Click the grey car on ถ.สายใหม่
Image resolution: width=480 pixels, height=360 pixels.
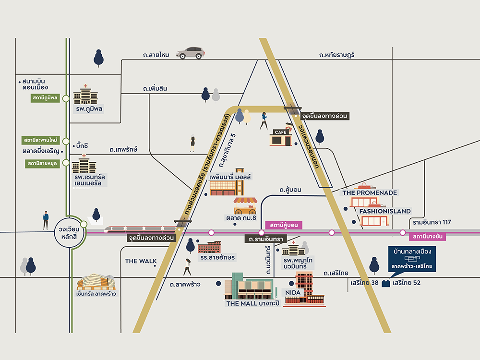[x=191, y=53]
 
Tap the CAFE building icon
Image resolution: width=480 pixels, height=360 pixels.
[x=281, y=137]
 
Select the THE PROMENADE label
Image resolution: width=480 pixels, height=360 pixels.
[x=370, y=193]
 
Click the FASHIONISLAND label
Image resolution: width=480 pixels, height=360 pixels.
[x=385, y=211]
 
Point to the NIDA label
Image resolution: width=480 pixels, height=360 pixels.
[x=293, y=293]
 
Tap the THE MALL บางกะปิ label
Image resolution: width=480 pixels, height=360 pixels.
[x=253, y=303]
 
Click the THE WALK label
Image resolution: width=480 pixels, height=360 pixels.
[x=141, y=261]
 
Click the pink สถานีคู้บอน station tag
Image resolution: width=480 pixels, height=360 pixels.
[x=284, y=225]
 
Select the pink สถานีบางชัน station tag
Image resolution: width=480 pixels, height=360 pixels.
[x=427, y=236]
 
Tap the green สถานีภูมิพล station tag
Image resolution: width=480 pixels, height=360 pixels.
[x=45, y=98]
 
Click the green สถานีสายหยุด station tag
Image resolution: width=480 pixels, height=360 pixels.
[x=42, y=164]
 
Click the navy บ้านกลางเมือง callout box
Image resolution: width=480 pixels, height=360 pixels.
[x=412, y=259]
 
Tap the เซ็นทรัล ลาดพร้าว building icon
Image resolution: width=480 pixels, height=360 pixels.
[x=96, y=282]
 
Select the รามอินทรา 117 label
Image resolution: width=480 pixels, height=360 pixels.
[x=432, y=222]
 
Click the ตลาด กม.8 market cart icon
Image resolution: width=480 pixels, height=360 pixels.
[x=245, y=206]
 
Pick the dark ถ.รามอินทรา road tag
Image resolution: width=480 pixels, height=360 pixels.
[x=266, y=239]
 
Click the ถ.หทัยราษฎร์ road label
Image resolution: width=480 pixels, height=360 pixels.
[x=337, y=55]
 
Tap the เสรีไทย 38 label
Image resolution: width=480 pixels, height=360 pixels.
[x=364, y=283]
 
